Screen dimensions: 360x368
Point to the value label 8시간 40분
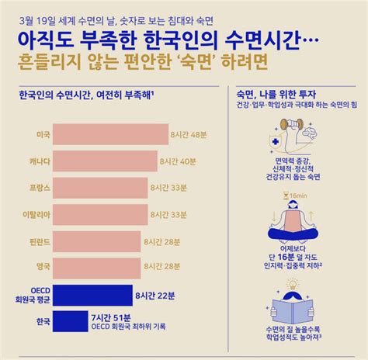(179, 161)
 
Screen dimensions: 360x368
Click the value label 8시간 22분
(154, 294)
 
